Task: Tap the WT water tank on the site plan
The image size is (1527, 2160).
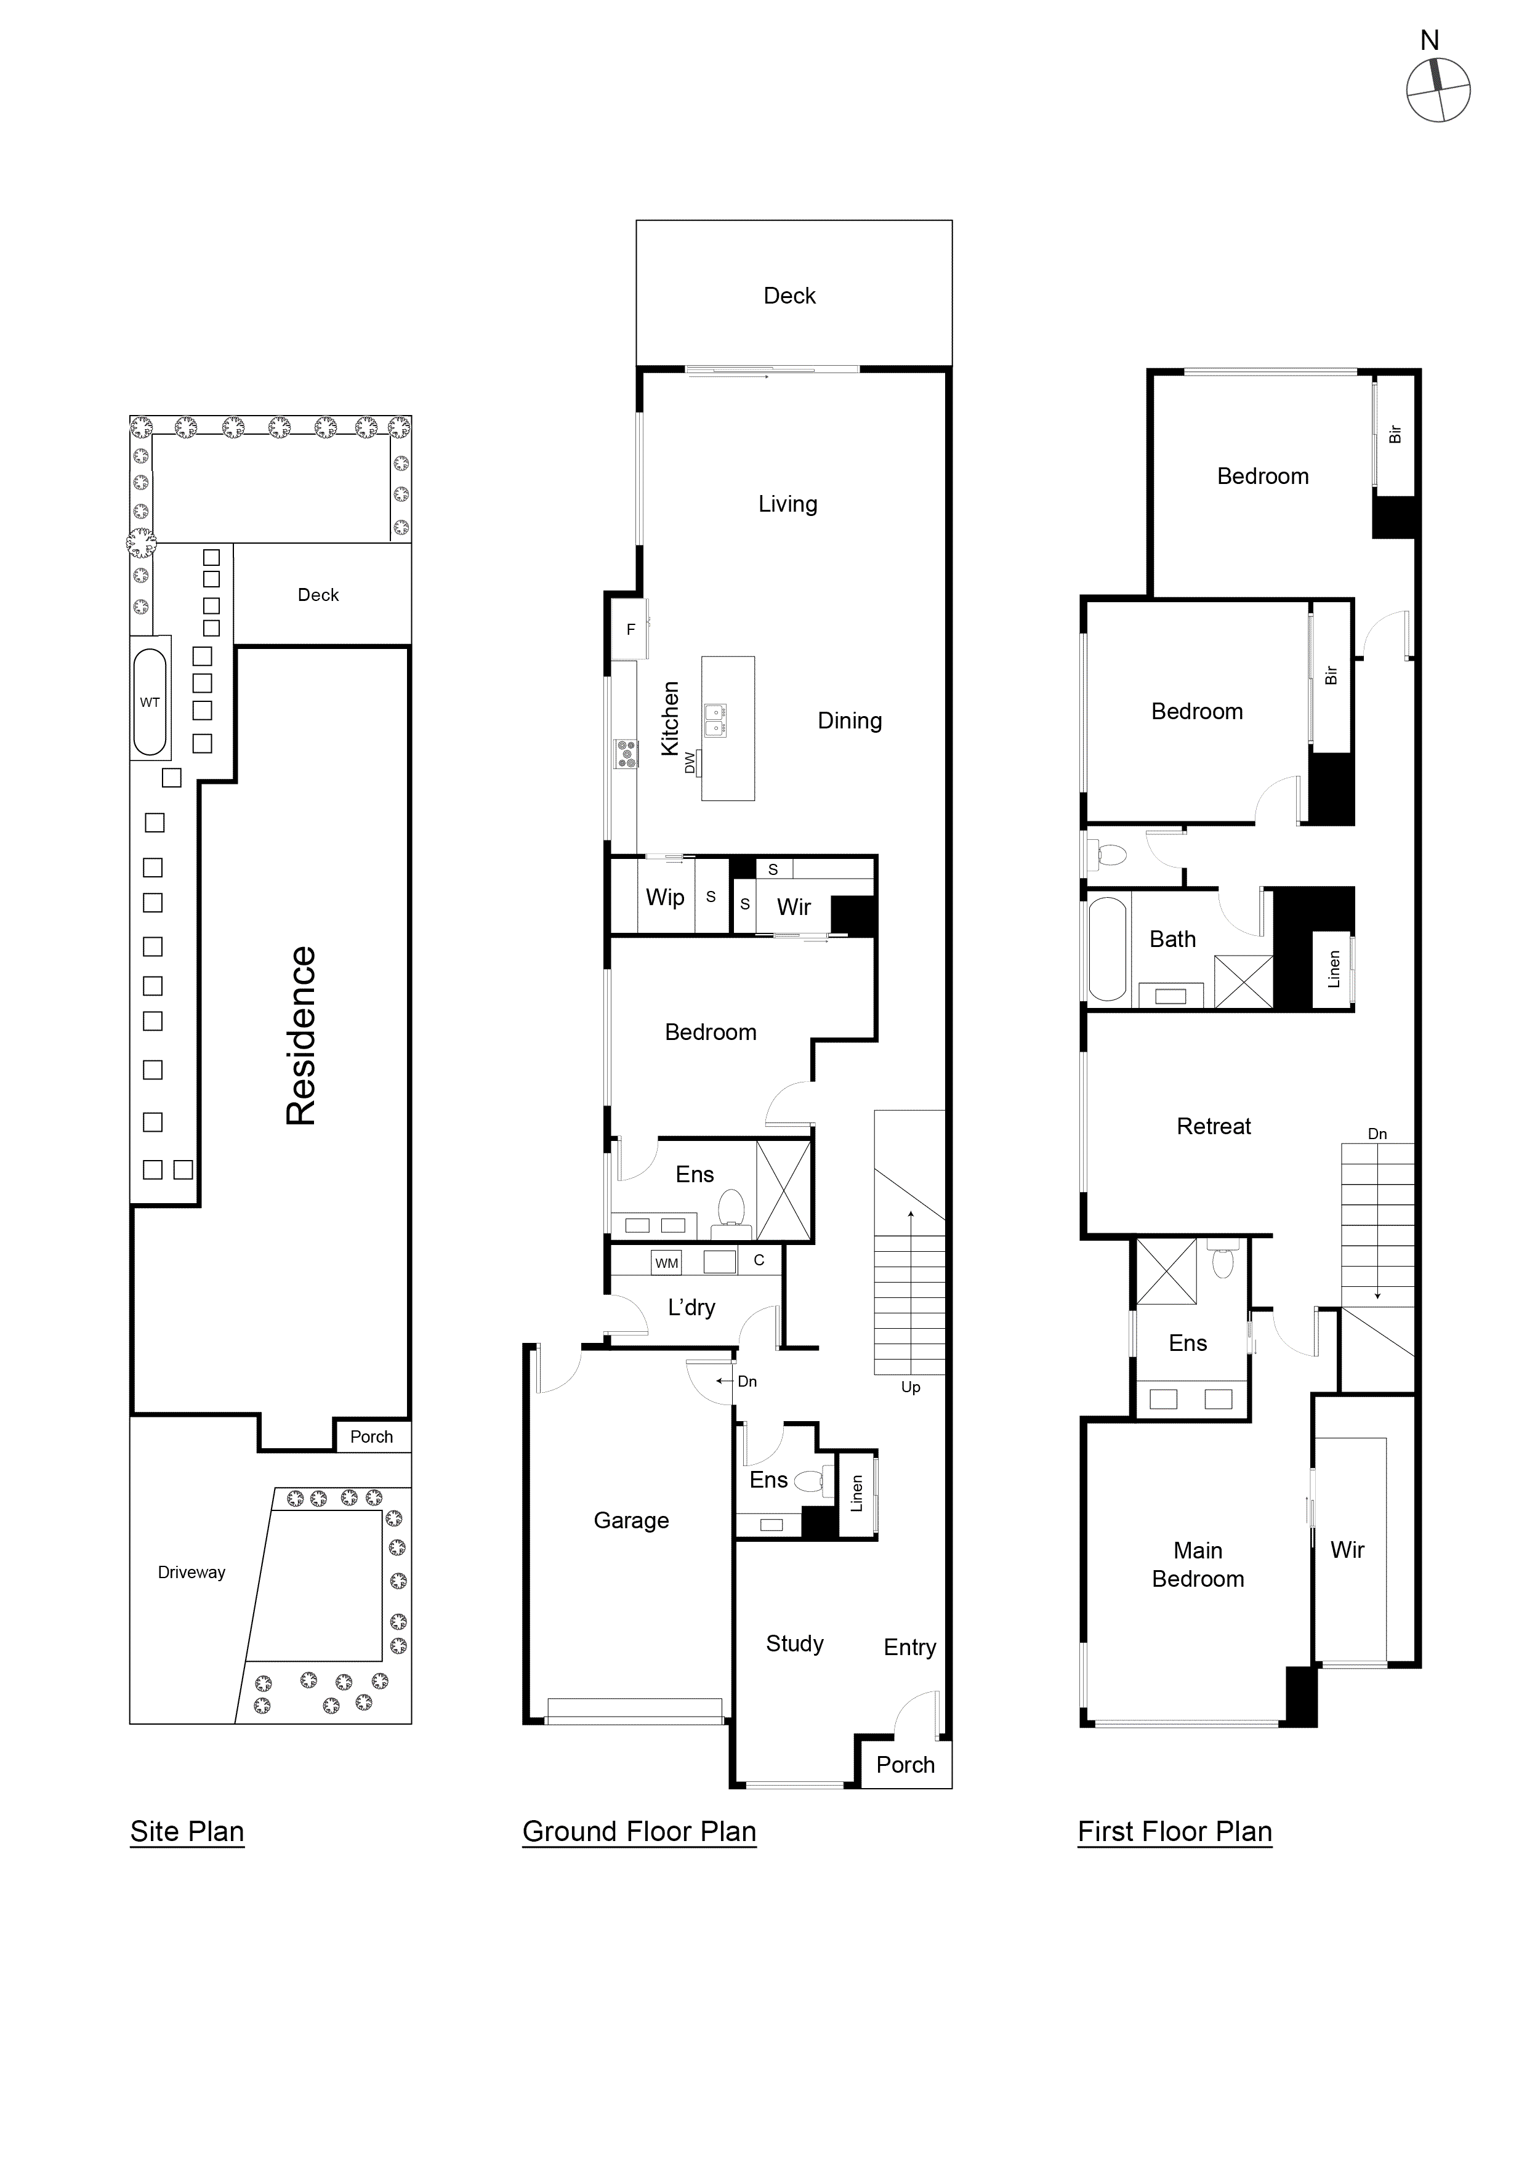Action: click(150, 702)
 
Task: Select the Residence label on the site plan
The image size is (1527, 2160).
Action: click(301, 1035)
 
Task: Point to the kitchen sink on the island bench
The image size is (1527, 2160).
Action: click(715, 720)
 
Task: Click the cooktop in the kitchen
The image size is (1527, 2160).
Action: click(625, 752)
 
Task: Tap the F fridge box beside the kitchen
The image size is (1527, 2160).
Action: click(631, 629)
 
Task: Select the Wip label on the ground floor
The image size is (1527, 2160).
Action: click(664, 897)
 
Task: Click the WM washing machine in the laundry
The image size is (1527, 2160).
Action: click(666, 1262)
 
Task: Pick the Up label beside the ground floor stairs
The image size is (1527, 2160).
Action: click(910, 1387)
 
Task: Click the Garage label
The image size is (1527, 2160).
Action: click(631, 1520)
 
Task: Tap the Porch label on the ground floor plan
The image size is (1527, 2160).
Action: click(905, 1764)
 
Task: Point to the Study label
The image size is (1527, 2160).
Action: click(794, 1643)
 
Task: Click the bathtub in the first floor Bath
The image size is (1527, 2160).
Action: click(1107, 948)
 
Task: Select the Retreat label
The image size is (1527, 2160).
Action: click(1213, 1126)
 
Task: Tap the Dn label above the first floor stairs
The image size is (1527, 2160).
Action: click(1377, 1134)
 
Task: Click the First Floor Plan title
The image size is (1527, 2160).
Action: click(1174, 1831)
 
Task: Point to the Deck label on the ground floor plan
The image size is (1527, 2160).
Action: click(789, 296)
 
